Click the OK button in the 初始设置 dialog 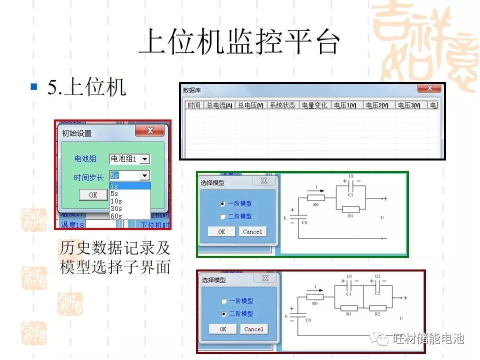tap(93, 195)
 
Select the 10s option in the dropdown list tap(116, 201)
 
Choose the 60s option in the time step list tap(116, 216)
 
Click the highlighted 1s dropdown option tap(129, 186)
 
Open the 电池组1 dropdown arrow tap(144, 159)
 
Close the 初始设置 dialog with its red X tap(150, 131)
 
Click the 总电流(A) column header tap(219, 105)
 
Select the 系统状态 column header tap(282, 105)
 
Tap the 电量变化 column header tap(314, 105)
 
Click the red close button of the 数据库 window tap(429, 88)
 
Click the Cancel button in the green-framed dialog tap(252, 231)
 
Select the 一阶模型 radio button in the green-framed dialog tap(222, 204)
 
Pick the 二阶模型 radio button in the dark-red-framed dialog tap(223, 314)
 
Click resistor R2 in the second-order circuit tap(378, 308)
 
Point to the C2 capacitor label tap(378, 294)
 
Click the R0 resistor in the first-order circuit tap(316, 197)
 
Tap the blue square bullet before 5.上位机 tap(34, 86)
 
